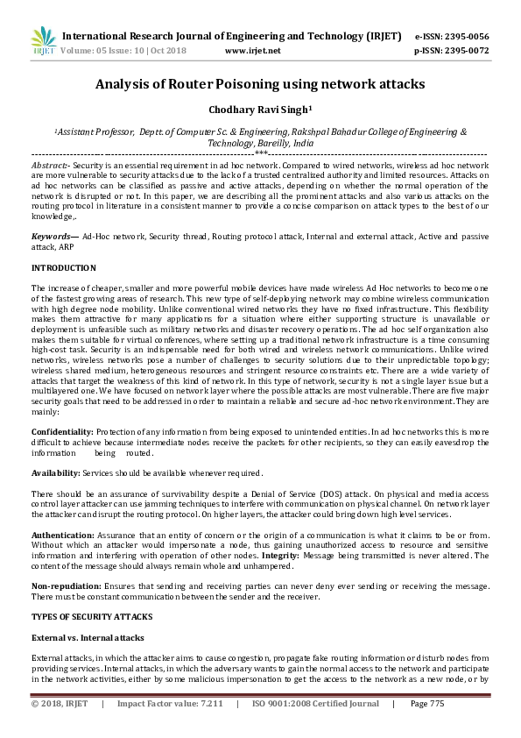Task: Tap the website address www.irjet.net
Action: tap(253, 51)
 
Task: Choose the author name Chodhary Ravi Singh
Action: tap(260, 110)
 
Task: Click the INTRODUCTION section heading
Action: tap(64, 267)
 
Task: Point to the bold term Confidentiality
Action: tap(62, 432)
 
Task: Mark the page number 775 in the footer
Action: tap(435, 703)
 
